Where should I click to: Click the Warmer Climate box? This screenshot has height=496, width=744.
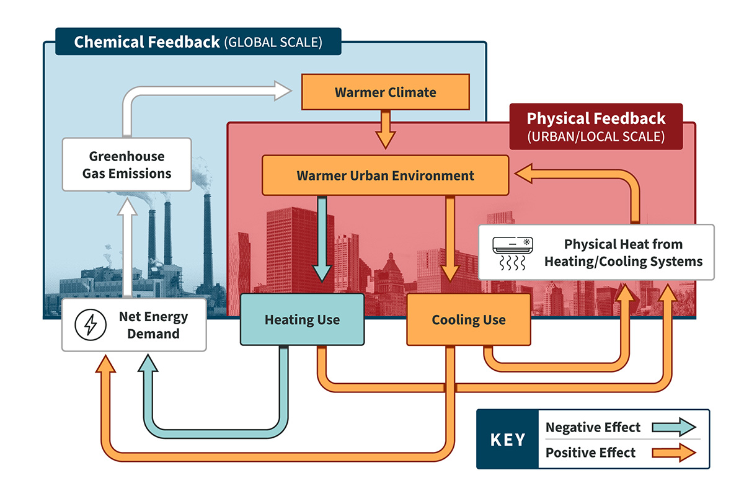[385, 92]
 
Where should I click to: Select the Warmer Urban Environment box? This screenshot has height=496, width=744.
[385, 175]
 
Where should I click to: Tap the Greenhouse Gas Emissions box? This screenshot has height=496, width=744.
[126, 164]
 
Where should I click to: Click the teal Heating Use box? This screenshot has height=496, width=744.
[302, 319]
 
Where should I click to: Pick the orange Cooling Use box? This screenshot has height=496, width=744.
[468, 319]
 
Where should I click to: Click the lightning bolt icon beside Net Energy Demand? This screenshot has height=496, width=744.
[86, 324]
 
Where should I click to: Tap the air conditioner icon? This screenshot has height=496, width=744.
[511, 252]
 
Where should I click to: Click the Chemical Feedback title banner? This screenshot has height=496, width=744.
[198, 42]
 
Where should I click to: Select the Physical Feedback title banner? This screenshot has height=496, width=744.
[595, 126]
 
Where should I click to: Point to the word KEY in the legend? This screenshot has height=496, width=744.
[508, 440]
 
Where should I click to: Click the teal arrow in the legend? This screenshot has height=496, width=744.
[674, 427]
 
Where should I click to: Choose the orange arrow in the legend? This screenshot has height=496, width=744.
[674, 453]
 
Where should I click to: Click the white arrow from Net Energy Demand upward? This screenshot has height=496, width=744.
[126, 248]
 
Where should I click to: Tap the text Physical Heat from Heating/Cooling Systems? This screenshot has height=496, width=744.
[623, 252]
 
